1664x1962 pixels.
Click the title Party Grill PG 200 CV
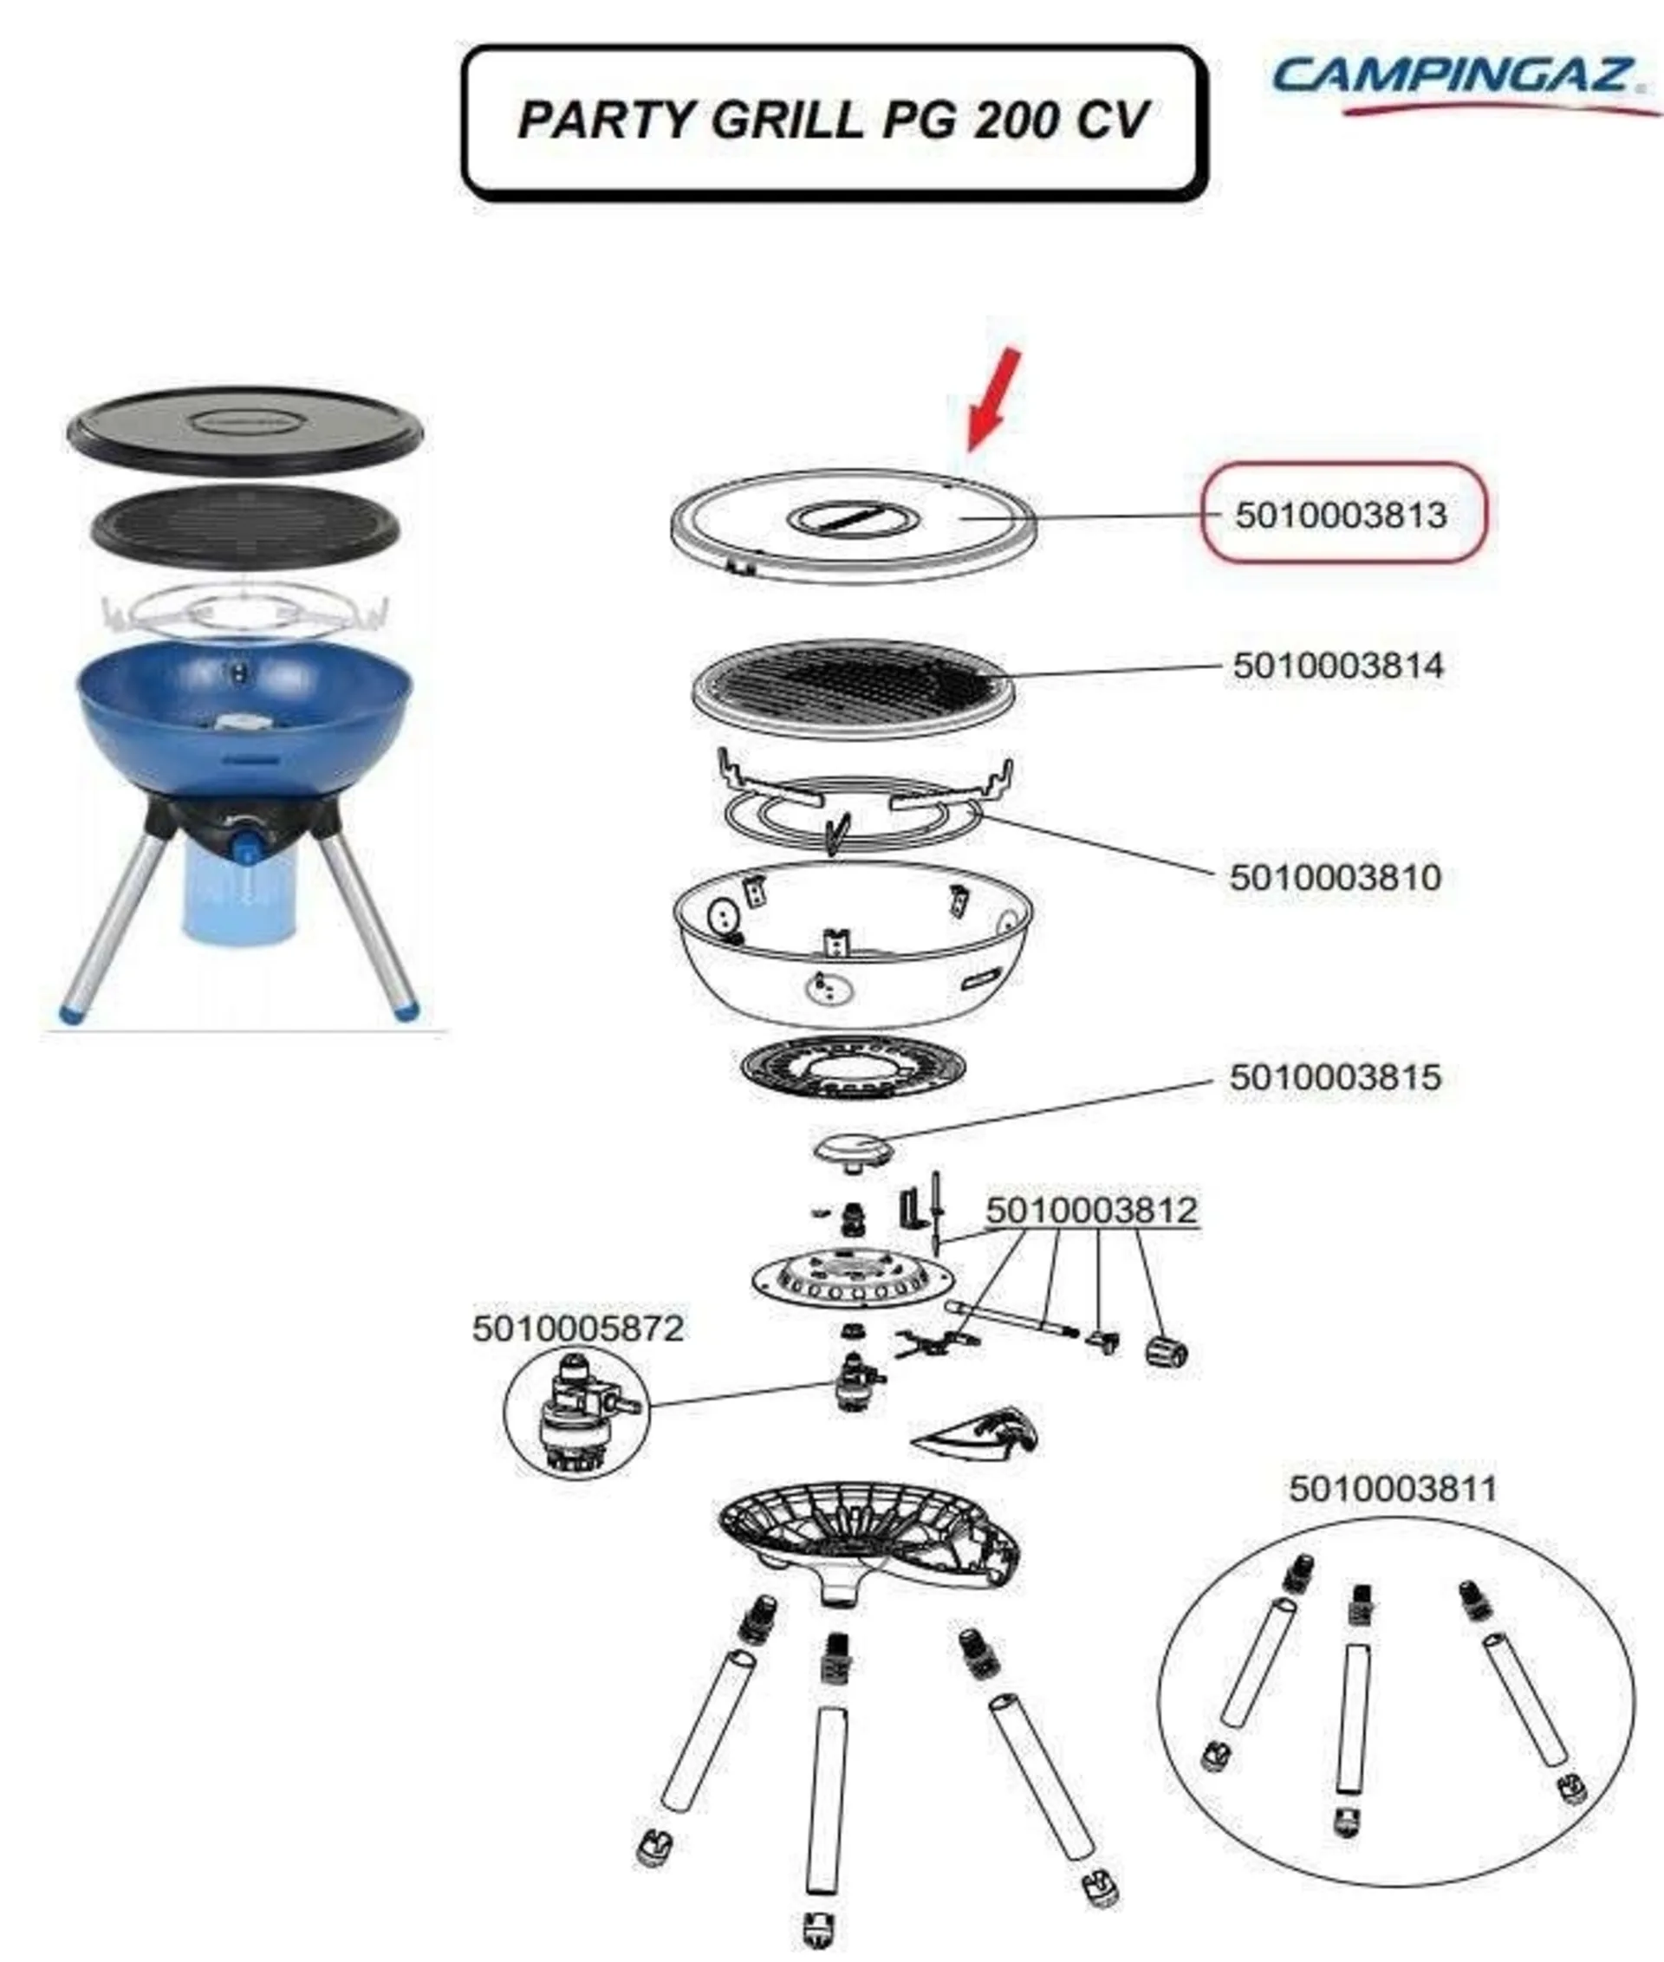click(834, 120)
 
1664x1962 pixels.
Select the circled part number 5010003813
click(1341, 515)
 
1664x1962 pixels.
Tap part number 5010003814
click(1338, 666)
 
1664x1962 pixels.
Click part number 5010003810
click(1336, 877)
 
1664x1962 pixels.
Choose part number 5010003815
click(1336, 1077)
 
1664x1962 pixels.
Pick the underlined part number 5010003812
click(1092, 1210)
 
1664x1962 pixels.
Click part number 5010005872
click(578, 1329)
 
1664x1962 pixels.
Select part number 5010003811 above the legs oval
click(1394, 1490)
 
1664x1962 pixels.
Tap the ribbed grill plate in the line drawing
click(854, 689)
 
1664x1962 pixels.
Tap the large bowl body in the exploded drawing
click(853, 943)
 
